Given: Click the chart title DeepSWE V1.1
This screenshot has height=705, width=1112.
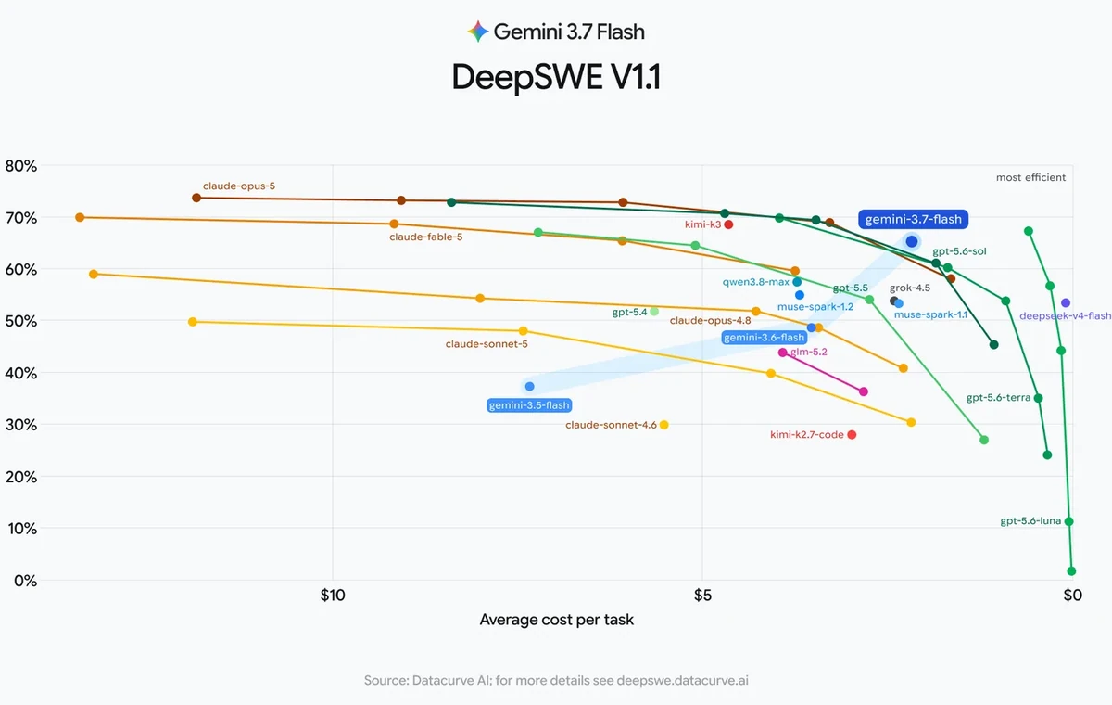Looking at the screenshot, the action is click(x=556, y=77).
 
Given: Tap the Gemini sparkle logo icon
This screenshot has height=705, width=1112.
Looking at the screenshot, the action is click(x=477, y=32).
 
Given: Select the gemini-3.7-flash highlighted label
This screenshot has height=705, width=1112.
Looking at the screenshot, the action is click(x=913, y=219).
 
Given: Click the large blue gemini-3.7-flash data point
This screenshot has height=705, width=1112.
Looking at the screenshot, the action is click(x=912, y=242).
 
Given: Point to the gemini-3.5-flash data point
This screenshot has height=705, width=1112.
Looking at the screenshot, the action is click(x=530, y=387).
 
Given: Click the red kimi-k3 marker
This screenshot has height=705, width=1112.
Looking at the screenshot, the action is click(x=728, y=224).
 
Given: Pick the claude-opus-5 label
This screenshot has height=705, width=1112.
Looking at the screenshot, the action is click(x=239, y=186).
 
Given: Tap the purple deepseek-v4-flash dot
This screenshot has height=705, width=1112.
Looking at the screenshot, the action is click(x=1066, y=303).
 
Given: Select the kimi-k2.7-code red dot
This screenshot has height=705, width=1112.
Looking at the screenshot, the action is click(x=852, y=435).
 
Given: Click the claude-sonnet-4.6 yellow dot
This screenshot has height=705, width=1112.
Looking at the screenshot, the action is click(x=663, y=425).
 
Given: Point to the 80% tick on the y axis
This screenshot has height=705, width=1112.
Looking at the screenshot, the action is click(x=20, y=166).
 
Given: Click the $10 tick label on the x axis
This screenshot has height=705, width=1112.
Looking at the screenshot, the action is click(x=332, y=596).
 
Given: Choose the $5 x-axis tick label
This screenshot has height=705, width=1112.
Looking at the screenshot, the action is click(x=702, y=596).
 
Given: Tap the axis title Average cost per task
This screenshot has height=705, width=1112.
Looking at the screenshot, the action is click(x=557, y=620).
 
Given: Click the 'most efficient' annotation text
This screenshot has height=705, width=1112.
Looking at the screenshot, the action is click(x=1030, y=177).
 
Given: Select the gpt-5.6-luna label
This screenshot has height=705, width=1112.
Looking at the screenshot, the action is click(x=1030, y=520).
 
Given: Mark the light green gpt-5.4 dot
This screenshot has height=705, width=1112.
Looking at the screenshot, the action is click(x=654, y=312).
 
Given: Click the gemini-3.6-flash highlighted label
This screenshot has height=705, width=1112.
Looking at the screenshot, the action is click(x=764, y=338).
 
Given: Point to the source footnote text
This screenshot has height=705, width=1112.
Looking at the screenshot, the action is click(x=556, y=680).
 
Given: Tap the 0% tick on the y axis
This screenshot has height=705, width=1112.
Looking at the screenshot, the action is click(x=25, y=581).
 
